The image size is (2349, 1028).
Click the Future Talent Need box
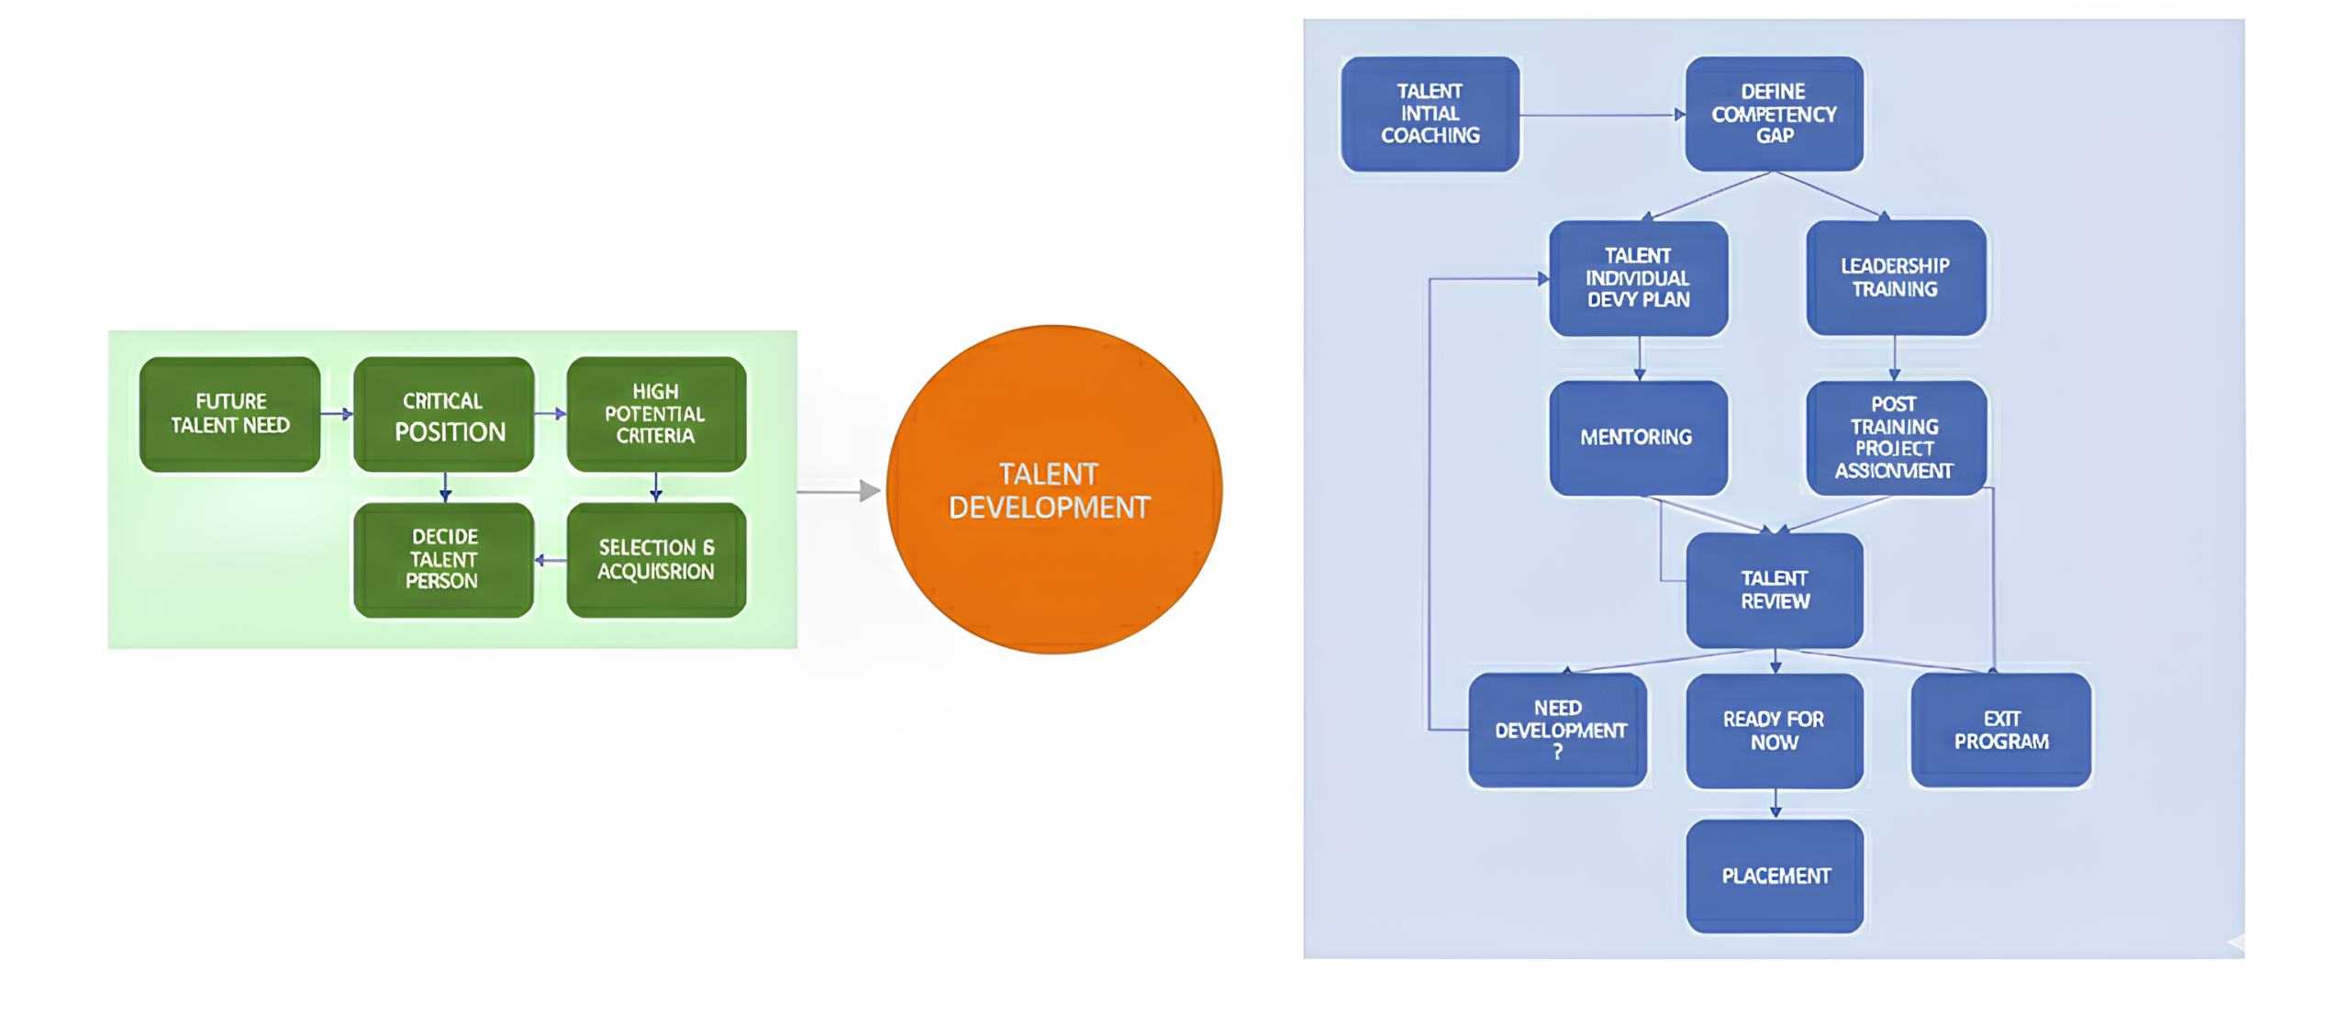point(229,414)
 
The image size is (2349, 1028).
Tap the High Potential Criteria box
point(655,414)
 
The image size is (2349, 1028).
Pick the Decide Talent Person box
point(443,559)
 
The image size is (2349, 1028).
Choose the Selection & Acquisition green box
point(655,559)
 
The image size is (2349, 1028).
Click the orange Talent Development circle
point(1052,489)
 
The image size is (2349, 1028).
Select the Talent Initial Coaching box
point(1429,114)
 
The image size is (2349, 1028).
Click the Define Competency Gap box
point(1773,114)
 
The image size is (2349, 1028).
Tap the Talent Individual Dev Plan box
point(1638,278)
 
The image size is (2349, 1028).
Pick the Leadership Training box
point(1895,277)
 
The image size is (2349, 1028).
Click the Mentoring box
point(1638,438)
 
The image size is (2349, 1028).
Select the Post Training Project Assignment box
point(1895,438)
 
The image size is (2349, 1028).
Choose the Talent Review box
point(1774,590)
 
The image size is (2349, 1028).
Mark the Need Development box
point(1557,730)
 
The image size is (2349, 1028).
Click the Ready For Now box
point(1774,731)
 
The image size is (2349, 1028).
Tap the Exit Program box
point(2000,730)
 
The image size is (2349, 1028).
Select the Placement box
point(1774,876)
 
